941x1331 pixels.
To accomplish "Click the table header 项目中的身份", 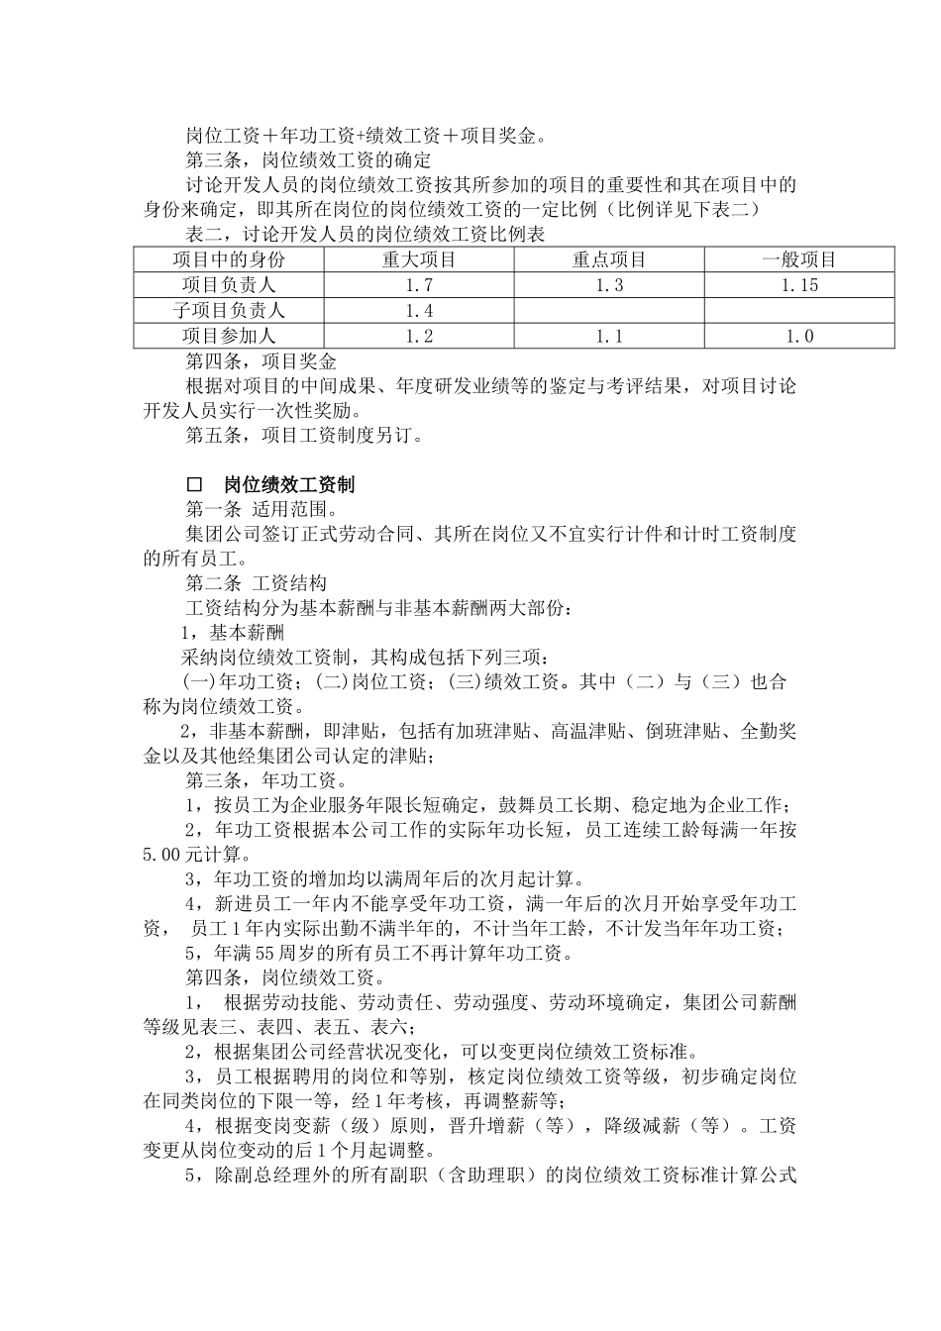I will [x=229, y=259].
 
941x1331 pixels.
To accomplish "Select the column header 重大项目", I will [x=419, y=259].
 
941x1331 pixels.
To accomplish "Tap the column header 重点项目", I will [x=609, y=259].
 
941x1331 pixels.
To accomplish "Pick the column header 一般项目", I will [x=799, y=259].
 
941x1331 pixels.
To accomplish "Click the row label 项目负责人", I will [x=229, y=285].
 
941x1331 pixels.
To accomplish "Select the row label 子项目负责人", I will [x=229, y=311].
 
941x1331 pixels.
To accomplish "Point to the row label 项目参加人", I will [x=229, y=337].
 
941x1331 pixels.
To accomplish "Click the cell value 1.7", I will [x=419, y=285].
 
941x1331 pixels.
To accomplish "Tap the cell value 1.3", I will [x=609, y=285].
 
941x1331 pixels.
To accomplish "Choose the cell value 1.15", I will [x=799, y=285].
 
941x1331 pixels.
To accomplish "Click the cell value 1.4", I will [x=419, y=311].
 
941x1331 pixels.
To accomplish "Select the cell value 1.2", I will [x=419, y=337].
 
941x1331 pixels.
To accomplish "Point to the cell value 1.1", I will [x=609, y=337].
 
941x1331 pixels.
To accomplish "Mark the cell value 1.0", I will [x=799, y=337].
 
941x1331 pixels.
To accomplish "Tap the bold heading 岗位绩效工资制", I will [x=289, y=485].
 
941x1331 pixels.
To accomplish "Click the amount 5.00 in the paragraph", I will [x=162, y=854].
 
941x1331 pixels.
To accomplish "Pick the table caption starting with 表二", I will [x=366, y=235].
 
